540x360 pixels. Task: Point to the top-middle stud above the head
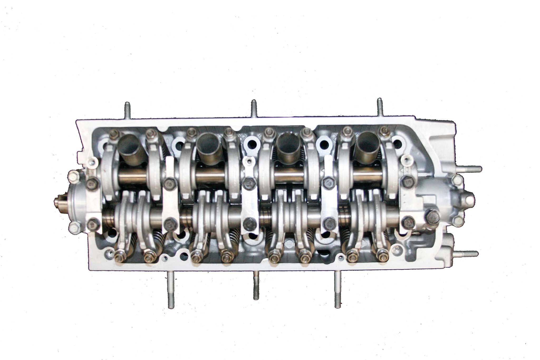click(x=253, y=108)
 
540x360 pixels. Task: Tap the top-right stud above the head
click(x=380, y=107)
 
